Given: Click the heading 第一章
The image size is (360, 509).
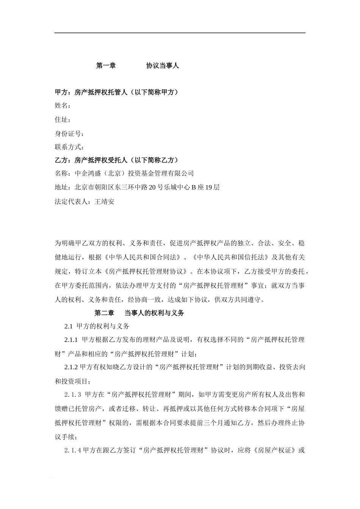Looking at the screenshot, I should pos(106,66).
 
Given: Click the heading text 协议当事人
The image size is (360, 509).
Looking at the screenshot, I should pos(163,66).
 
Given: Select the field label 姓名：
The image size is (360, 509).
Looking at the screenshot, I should pos(63,106).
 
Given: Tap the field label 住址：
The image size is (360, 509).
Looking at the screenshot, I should pos(63,120).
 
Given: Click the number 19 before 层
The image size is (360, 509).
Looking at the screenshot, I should pos(209,187).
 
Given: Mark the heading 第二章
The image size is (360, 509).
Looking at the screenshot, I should pos(104,313).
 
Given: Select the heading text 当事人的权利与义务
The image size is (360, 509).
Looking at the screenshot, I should pos(154,313).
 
